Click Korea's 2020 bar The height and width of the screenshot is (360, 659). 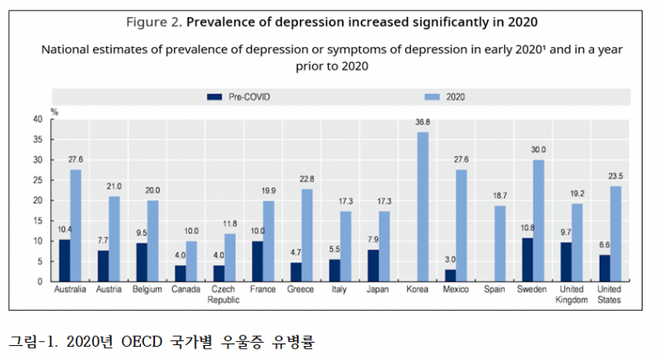pyautogui.click(x=423, y=207)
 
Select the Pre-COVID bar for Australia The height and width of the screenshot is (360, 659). pyautogui.click(x=64, y=260)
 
